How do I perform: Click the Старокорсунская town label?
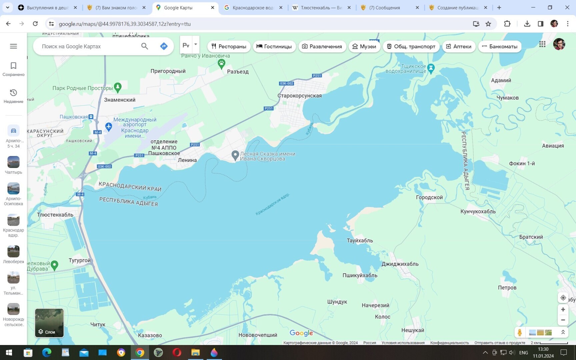[299, 96]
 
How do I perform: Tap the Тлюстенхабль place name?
[55, 215]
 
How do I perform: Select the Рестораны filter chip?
[229, 46]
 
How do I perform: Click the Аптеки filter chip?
[459, 46]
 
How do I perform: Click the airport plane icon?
[109, 127]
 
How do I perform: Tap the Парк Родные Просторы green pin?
[118, 87]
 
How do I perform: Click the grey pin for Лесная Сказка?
[235, 155]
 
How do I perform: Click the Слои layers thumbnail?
[49, 323]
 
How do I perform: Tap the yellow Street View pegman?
[519, 332]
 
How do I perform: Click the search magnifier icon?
[144, 46]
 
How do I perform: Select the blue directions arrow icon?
[164, 46]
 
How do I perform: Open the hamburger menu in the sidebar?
[13, 46]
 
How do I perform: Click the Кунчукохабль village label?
[478, 211]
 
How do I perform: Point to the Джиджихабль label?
[400, 264]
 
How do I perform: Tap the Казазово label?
[150, 335]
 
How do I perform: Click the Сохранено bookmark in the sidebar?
[13, 69]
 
